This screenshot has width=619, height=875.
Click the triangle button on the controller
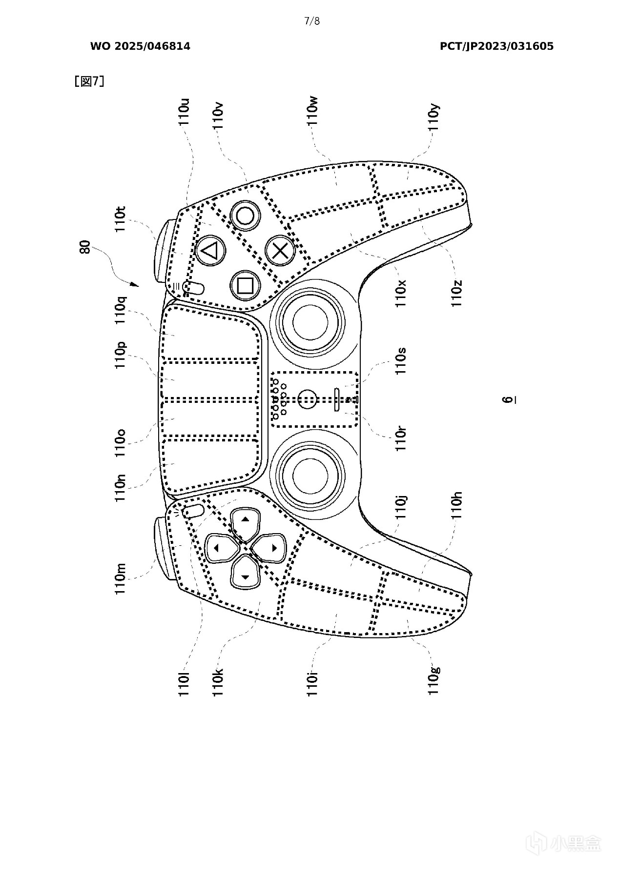(x=210, y=251)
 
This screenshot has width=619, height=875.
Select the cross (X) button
(x=280, y=251)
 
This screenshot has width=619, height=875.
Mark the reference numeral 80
(x=84, y=247)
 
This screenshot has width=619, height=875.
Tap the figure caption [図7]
(x=89, y=81)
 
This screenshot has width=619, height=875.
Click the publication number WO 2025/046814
(x=140, y=46)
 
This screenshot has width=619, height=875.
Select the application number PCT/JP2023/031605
(x=496, y=46)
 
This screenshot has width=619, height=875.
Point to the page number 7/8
(x=311, y=21)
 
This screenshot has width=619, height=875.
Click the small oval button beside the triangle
(x=194, y=287)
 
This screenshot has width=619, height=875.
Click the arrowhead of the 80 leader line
(x=135, y=284)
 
